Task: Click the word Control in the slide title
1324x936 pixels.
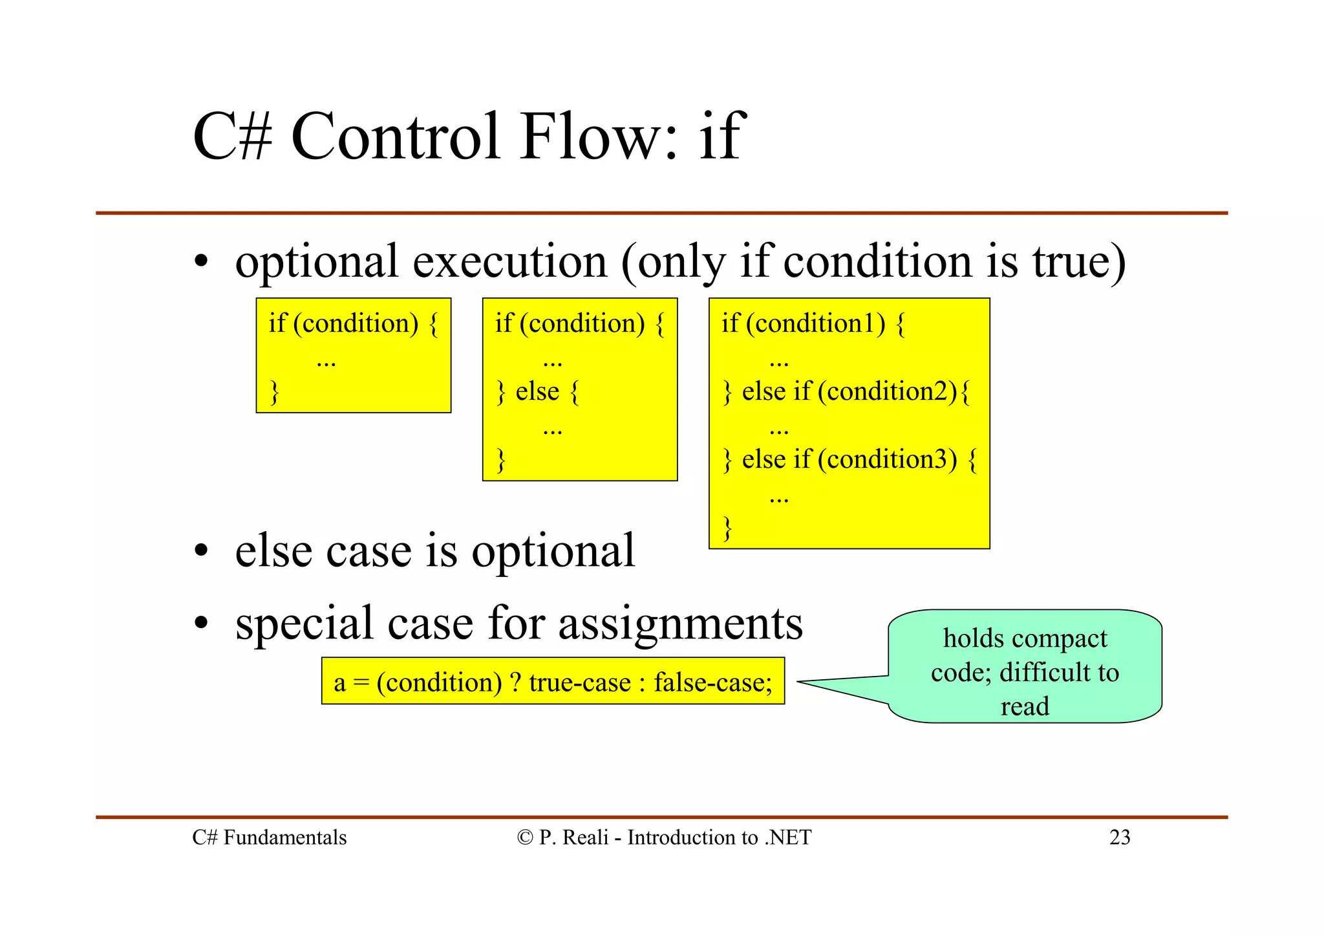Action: [x=396, y=136]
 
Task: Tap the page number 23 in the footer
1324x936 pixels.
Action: [x=1120, y=837]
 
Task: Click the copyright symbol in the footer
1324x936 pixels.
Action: [x=524, y=838]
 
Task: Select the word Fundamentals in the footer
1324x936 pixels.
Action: [x=284, y=837]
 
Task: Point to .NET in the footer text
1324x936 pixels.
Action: [x=787, y=837]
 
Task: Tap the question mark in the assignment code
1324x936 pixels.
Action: [x=515, y=682]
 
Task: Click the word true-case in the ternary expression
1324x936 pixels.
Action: [x=580, y=682]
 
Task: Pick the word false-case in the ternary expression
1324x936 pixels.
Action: [x=712, y=682]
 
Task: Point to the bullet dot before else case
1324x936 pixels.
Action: [x=202, y=551]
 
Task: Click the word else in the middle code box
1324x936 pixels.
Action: [x=537, y=391]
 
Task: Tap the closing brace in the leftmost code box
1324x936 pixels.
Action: [x=274, y=392]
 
